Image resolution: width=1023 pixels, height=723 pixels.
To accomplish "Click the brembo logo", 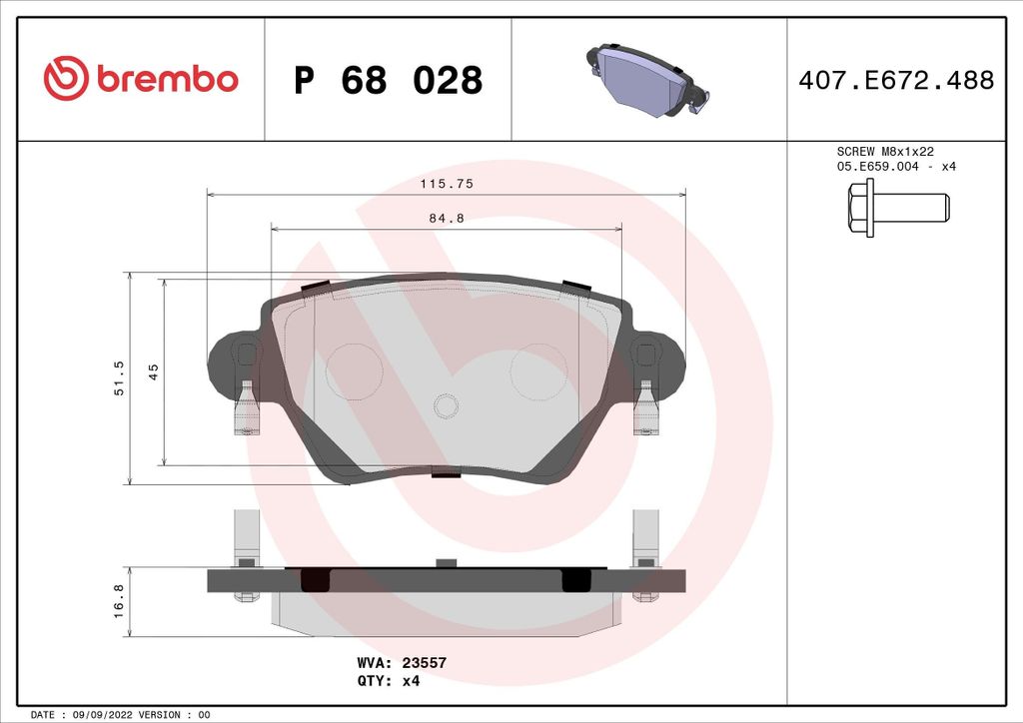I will (x=141, y=79).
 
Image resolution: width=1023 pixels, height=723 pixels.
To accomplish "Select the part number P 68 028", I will (x=388, y=80).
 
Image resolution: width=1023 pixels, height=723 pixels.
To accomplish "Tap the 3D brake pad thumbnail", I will (x=645, y=79).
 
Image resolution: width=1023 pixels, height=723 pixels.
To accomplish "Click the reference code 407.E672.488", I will (x=896, y=80).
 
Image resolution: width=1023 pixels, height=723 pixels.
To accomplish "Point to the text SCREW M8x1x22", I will (x=885, y=151).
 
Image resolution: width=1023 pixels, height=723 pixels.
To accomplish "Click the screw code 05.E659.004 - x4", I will (x=896, y=167).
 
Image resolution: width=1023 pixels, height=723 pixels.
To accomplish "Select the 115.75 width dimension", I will (x=446, y=184).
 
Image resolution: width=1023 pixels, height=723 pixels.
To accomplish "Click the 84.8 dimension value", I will (x=446, y=220).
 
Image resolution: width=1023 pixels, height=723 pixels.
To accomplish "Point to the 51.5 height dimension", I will (x=119, y=378).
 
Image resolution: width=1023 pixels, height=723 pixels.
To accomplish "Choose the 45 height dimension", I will (x=154, y=371).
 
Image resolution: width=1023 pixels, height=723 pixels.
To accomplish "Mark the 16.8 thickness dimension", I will (x=119, y=601).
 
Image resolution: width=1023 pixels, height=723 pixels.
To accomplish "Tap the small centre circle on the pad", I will (x=446, y=405).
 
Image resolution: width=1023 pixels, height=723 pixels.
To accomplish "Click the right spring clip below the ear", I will (x=645, y=409).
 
